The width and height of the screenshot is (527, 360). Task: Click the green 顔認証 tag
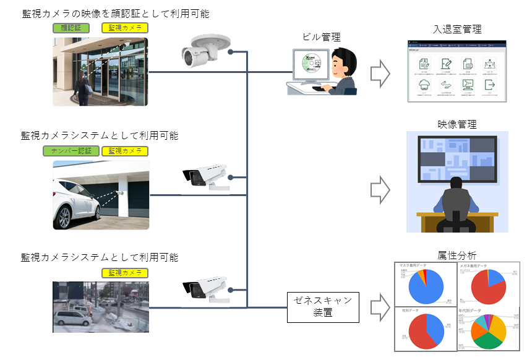click(x=71, y=28)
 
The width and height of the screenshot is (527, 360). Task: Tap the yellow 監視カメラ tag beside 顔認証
click(x=124, y=28)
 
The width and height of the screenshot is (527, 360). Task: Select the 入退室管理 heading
click(x=458, y=29)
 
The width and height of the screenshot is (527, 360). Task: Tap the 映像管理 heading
click(x=457, y=124)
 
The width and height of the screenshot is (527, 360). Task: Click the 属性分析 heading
click(x=457, y=255)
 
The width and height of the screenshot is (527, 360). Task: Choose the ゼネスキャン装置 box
click(x=323, y=306)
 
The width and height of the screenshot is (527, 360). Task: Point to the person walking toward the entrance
click(x=82, y=87)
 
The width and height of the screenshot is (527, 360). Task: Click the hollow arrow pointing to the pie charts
click(x=380, y=306)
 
